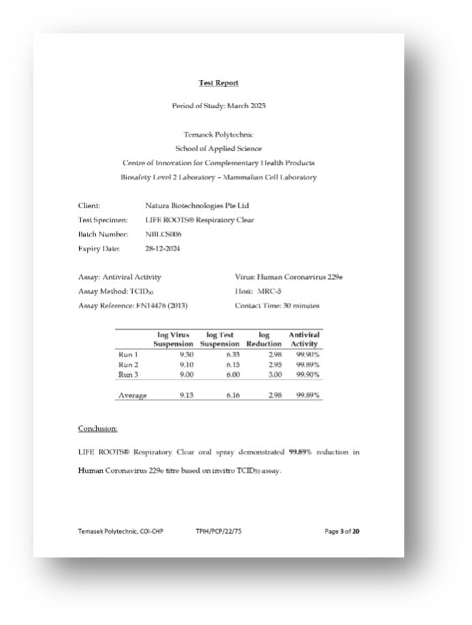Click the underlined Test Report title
pos(219,83)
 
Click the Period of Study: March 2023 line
pos(219,106)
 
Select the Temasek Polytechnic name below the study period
pos(219,135)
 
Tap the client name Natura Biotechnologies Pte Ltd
pos(198,205)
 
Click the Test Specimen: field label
pos(103,220)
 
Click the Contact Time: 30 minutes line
pos(277,305)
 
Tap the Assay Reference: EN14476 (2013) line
pos(133,305)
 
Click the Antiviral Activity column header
pos(304,339)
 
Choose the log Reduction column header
pos(264,339)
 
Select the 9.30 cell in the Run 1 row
pos(186,354)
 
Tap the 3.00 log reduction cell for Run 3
pos(274,374)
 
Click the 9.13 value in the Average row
pos(186,395)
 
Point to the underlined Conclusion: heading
pos(97,428)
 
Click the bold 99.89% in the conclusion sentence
pos(300,451)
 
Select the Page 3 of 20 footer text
pos(342,531)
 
